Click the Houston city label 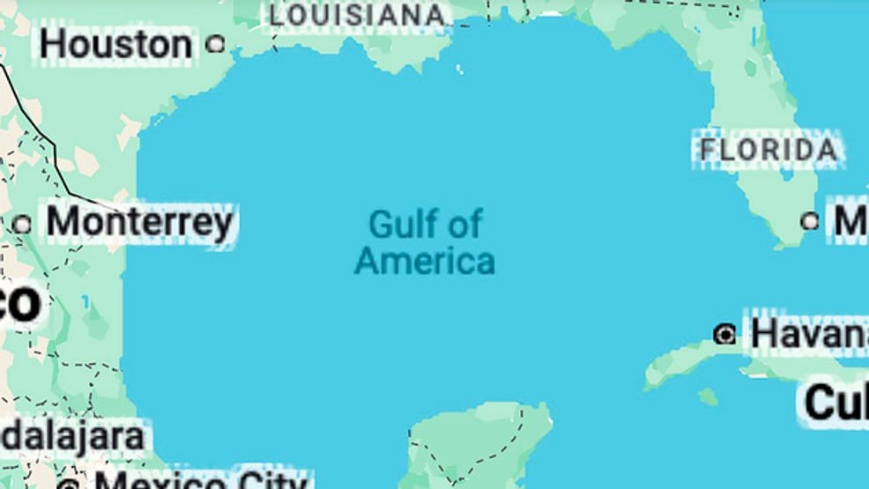pyautogui.click(x=115, y=44)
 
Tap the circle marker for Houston pyautogui.click(x=214, y=43)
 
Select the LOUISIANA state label pyautogui.click(x=357, y=15)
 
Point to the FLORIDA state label pyautogui.click(x=769, y=150)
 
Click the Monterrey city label pyautogui.click(x=139, y=222)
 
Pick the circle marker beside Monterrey pyautogui.click(x=22, y=224)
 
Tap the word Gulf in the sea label pyautogui.click(x=399, y=225)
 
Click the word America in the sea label pyautogui.click(x=424, y=262)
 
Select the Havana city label pyautogui.click(x=806, y=334)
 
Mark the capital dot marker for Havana pyautogui.click(x=724, y=334)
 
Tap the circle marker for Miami pyautogui.click(x=809, y=221)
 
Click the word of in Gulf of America pyautogui.click(x=464, y=225)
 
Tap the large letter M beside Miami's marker pyautogui.click(x=850, y=222)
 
